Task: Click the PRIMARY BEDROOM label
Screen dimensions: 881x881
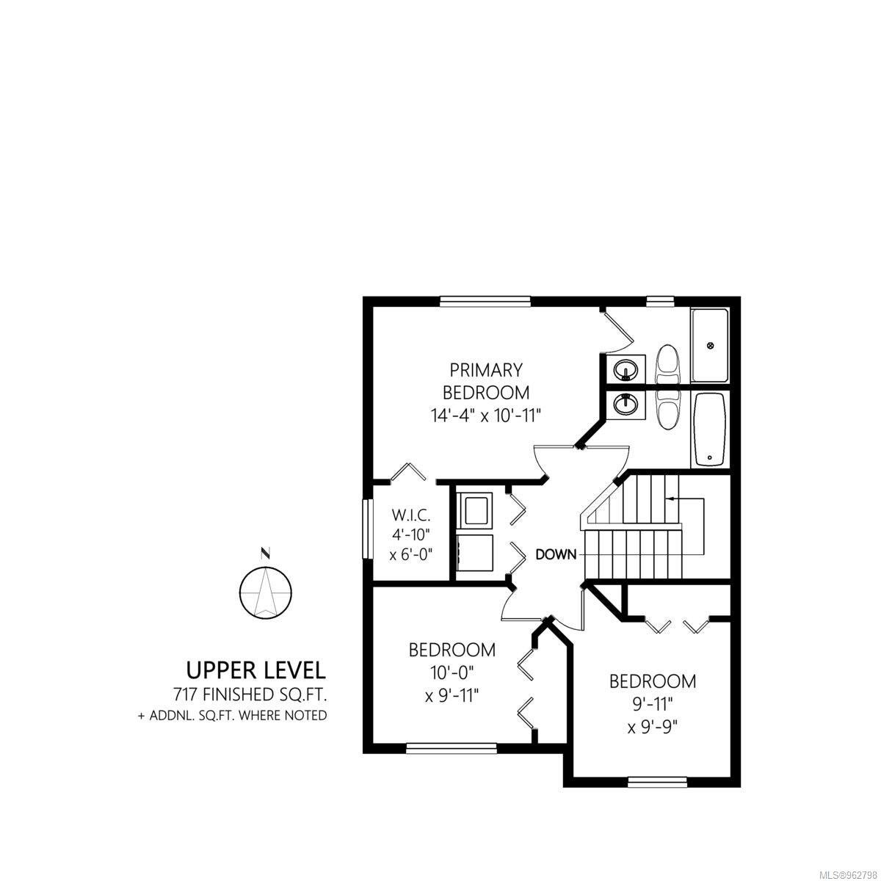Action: point(486,383)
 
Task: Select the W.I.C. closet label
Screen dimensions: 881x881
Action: point(411,515)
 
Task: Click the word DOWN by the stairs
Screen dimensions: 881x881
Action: point(556,554)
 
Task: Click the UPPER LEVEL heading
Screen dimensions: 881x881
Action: point(256,670)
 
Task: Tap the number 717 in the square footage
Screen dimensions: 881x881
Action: point(185,695)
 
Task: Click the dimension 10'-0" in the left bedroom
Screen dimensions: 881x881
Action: point(452,672)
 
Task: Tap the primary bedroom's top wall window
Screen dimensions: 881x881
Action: point(485,301)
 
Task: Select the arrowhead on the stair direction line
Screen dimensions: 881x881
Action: point(670,498)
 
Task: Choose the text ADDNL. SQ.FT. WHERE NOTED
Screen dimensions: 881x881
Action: point(238,716)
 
